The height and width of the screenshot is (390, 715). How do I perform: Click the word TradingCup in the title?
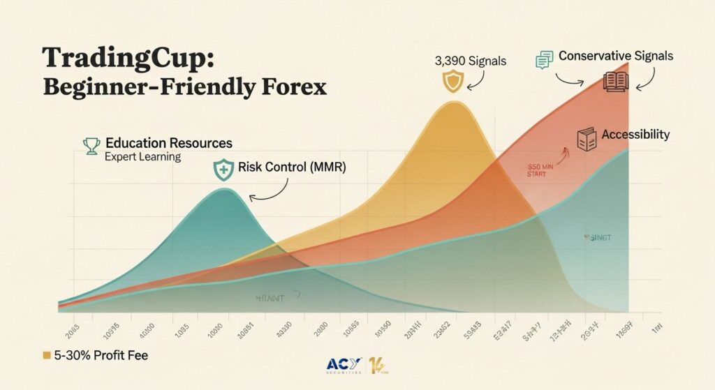pyautogui.click(x=124, y=57)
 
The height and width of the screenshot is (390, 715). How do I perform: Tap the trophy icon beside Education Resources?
pyautogui.click(x=91, y=146)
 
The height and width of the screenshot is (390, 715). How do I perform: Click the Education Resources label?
pyautogui.click(x=168, y=143)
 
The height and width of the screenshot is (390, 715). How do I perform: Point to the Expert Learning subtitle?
pyautogui.click(x=142, y=157)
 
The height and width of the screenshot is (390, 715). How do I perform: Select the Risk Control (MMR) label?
pyautogui.click(x=292, y=167)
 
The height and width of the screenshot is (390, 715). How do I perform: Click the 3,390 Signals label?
pyautogui.click(x=471, y=61)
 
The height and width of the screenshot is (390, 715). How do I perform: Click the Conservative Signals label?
pyautogui.click(x=616, y=56)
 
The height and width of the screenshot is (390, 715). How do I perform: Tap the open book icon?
pyautogui.click(x=616, y=82)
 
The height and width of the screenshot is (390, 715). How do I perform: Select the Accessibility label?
pyautogui.click(x=635, y=135)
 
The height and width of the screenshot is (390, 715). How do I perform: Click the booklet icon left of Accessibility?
pyautogui.click(x=586, y=139)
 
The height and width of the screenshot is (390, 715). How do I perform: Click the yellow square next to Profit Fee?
pyautogui.click(x=47, y=356)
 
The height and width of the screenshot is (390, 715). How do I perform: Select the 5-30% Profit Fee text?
pyautogui.click(x=101, y=356)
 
